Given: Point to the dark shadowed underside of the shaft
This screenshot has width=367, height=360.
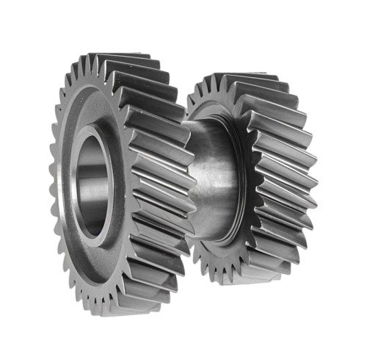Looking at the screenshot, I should tap(213, 228).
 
